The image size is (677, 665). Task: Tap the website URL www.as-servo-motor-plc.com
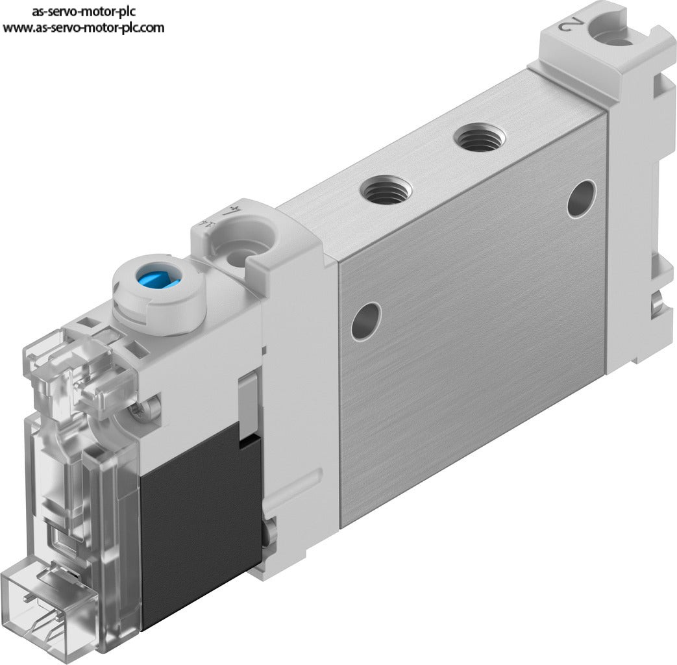(83, 28)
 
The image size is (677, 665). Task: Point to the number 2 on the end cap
(570, 25)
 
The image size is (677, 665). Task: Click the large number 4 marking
(232, 211)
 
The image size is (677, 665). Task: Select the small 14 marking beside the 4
(206, 224)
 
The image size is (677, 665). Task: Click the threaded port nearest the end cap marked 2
(479, 137)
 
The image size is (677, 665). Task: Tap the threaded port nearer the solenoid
(386, 189)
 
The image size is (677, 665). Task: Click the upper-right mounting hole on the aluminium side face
(582, 198)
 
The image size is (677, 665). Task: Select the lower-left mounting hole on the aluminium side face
(366, 321)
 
